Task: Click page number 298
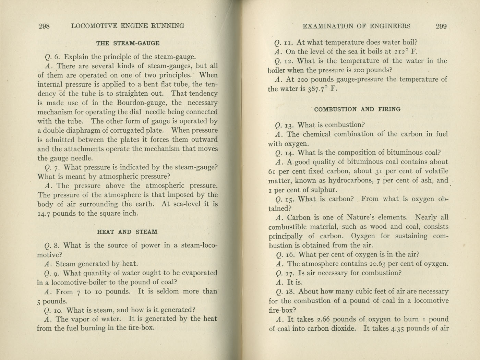[45, 26]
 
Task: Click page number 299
[441, 26]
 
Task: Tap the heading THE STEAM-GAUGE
[128, 43]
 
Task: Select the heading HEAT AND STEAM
[127, 232]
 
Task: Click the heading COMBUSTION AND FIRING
[357, 109]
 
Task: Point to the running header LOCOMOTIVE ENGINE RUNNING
[128, 26]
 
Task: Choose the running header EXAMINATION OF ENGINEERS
[357, 26]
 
